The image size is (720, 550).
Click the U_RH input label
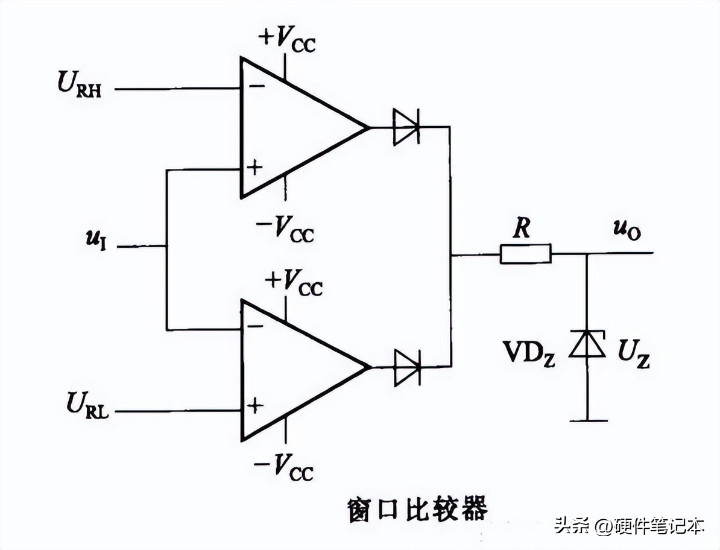pyautogui.click(x=79, y=86)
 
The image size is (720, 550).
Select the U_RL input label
pyautogui.click(x=88, y=405)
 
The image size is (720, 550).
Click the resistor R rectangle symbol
pyautogui.click(x=525, y=254)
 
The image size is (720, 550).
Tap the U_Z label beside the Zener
pyautogui.click(x=633, y=354)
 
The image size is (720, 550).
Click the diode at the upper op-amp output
pyautogui.click(x=406, y=127)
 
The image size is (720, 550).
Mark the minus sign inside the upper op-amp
pyautogui.click(x=256, y=86)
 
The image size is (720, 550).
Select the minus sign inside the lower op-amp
pyautogui.click(x=256, y=326)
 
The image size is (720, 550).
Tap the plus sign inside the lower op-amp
pyautogui.click(x=256, y=405)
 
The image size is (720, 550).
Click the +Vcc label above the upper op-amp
pyautogui.click(x=286, y=40)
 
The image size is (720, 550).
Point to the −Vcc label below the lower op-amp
pyautogui.click(x=283, y=466)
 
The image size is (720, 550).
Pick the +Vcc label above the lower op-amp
pyautogui.click(x=294, y=280)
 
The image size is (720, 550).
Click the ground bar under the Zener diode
pyautogui.click(x=588, y=420)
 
